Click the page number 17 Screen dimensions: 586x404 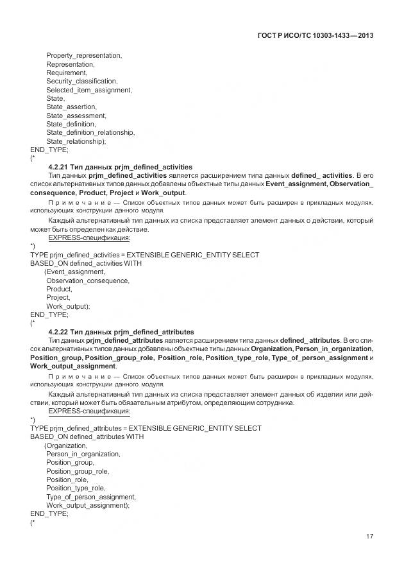click(x=369, y=537)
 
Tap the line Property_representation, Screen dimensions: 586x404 click(x=84, y=56)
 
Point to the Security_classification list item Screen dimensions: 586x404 click(x=81, y=82)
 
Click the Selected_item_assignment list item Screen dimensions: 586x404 click(x=88, y=90)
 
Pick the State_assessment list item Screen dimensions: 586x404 click(x=76, y=116)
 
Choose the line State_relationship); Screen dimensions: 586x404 click(x=76, y=141)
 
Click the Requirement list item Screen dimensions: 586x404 click(x=67, y=73)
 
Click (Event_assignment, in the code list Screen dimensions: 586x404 click(x=74, y=272)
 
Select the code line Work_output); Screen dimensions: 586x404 click(x=68, y=306)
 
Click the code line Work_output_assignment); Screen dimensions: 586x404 click(x=88, y=505)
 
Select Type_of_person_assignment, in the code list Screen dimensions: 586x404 click(x=91, y=497)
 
